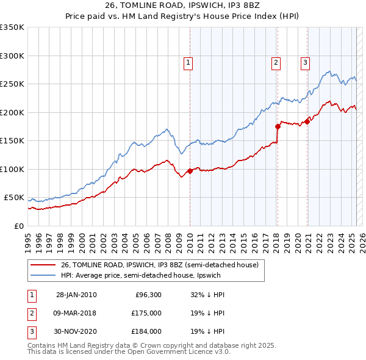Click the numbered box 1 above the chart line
[188, 62]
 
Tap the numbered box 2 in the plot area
[276, 62]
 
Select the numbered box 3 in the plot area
[305, 62]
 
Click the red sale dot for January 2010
[190, 171]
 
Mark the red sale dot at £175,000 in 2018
[278, 126]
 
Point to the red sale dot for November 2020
[307, 121]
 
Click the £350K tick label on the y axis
[12, 27]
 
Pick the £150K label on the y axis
[12, 141]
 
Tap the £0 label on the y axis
[18, 226]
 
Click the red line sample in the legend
[43, 265]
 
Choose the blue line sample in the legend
[43, 275]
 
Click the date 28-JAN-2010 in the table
[76, 295]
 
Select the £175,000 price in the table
[146, 314]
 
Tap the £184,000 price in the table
[146, 332]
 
